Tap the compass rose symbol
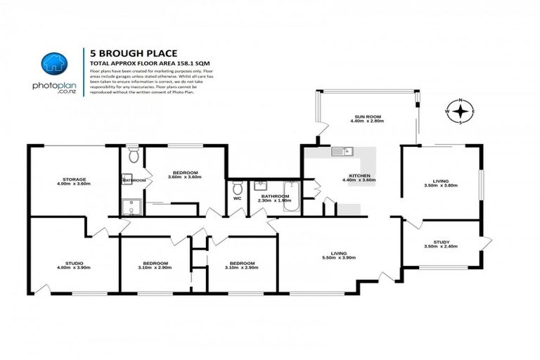coord(460,112)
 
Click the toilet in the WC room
coord(238,191)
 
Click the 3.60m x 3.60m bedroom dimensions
coord(185,177)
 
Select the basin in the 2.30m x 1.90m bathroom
coord(260,186)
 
